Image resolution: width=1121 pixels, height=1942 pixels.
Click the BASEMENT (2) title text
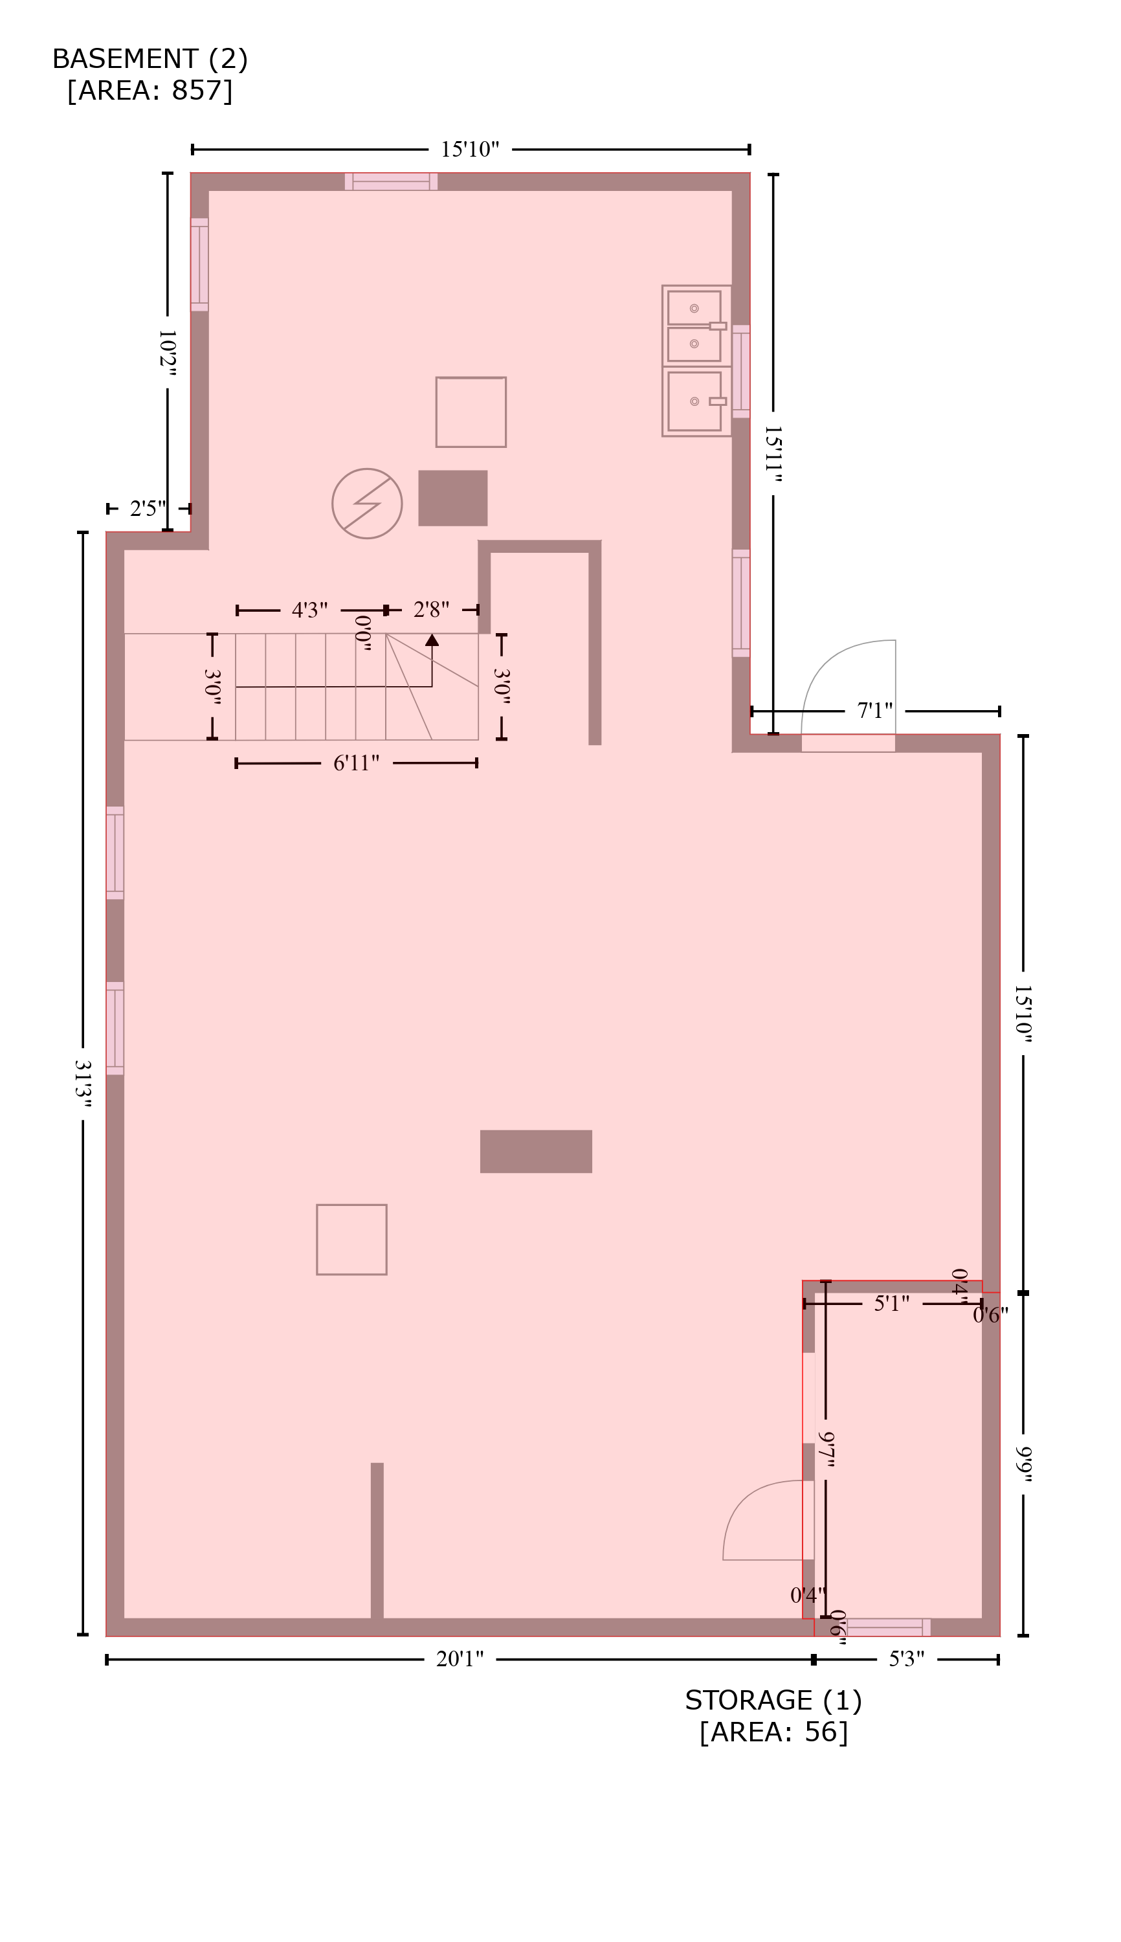150,60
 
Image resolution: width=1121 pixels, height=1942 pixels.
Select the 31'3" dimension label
82,1084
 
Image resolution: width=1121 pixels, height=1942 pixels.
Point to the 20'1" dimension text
460,1659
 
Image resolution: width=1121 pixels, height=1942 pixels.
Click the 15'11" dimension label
773,454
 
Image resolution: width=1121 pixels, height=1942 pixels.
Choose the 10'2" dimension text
167,353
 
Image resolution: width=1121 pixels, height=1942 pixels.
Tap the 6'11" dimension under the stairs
357,763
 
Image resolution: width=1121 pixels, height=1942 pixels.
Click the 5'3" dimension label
906,1659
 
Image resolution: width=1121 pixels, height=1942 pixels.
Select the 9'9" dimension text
1023,1464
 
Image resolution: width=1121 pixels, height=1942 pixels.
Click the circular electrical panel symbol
367,504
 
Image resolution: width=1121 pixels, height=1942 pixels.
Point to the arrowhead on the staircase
432,640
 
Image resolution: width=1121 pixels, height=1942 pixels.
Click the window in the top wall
391,182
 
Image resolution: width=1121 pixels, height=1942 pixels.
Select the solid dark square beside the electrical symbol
452,498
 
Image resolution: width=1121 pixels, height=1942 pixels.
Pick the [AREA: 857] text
150,91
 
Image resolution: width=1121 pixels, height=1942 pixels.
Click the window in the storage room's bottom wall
889,1627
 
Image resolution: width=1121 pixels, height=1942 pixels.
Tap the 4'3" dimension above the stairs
309,610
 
